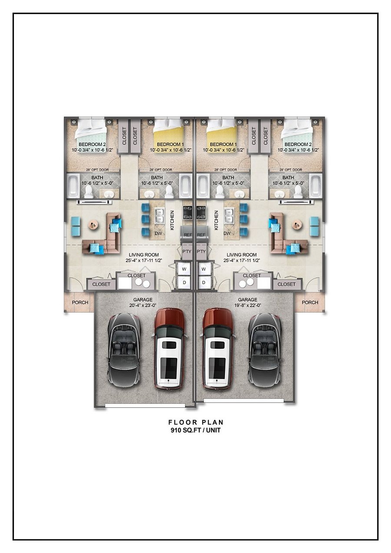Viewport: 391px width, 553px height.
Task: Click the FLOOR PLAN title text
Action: pyautogui.click(x=196, y=422)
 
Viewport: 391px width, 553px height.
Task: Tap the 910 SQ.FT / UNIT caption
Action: pyautogui.click(x=195, y=430)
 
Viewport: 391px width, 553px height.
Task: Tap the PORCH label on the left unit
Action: pyautogui.click(x=80, y=303)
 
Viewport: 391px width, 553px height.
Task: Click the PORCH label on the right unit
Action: pyautogui.click(x=310, y=303)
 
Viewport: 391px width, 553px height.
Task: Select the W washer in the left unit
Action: pyautogui.click(x=184, y=269)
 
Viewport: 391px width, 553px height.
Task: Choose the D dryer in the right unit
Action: pyautogui.click(x=204, y=283)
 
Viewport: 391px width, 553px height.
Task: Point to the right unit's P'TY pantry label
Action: pyautogui.click(x=201, y=252)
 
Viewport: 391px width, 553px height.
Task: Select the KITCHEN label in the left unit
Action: pyautogui.click(x=172, y=220)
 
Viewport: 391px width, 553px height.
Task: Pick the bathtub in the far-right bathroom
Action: pyautogui.click(x=316, y=187)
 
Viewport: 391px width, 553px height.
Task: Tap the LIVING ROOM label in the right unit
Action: pyautogui.click(x=242, y=255)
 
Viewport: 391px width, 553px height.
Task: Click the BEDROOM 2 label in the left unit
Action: pyautogui.click(x=92, y=144)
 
